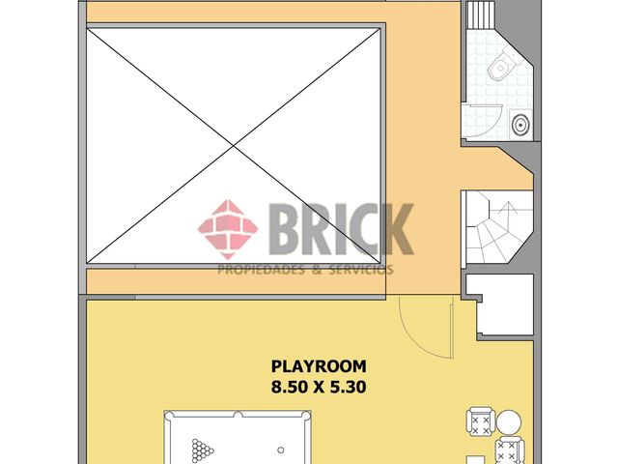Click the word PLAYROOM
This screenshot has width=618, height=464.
point(318,366)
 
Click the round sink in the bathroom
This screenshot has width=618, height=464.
point(520,124)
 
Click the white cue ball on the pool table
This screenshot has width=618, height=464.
point(280,449)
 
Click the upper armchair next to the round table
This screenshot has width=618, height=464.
point(480,422)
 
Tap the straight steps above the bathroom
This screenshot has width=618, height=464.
point(481,16)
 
